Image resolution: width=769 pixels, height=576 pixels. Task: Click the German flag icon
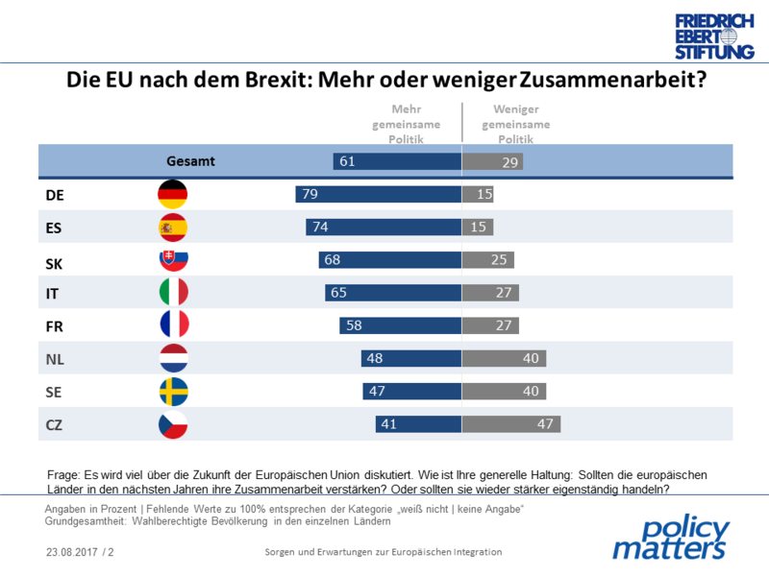click(173, 195)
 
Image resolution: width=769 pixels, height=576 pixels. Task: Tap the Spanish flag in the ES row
click(173, 228)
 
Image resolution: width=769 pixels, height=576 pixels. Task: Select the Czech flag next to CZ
click(173, 424)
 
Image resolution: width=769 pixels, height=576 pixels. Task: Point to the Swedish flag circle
click(173, 392)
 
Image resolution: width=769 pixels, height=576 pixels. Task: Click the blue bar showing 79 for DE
click(379, 195)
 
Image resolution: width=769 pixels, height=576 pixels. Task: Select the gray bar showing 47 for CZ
click(511, 424)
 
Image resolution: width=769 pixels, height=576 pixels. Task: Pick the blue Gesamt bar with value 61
click(397, 162)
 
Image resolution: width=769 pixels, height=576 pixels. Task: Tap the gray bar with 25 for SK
click(488, 260)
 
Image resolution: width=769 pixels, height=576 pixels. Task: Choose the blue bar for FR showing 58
click(401, 325)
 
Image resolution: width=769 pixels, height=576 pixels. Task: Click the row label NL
click(56, 359)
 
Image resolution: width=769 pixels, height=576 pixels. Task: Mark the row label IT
click(54, 293)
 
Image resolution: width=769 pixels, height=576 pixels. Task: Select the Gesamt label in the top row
click(190, 162)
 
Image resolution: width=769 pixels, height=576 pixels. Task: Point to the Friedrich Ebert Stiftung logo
click(713, 36)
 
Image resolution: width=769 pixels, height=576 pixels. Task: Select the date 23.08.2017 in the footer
click(71, 553)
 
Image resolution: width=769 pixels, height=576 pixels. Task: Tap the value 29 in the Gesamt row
click(511, 162)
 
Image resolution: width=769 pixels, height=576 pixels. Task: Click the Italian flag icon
click(173, 293)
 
